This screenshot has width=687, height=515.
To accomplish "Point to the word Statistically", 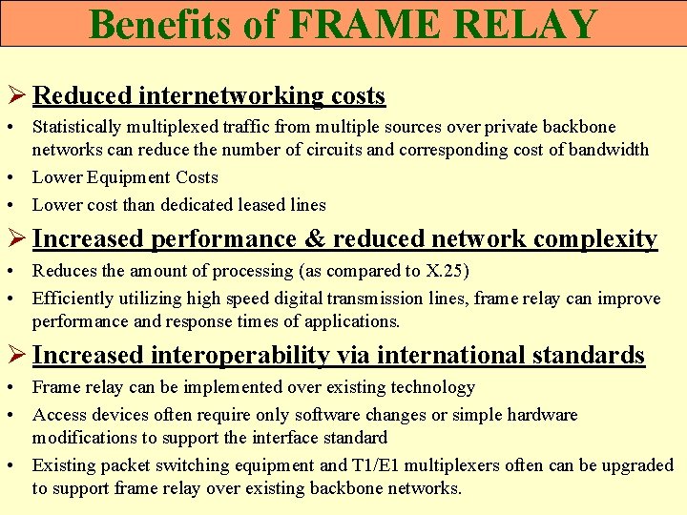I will click(x=79, y=127).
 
